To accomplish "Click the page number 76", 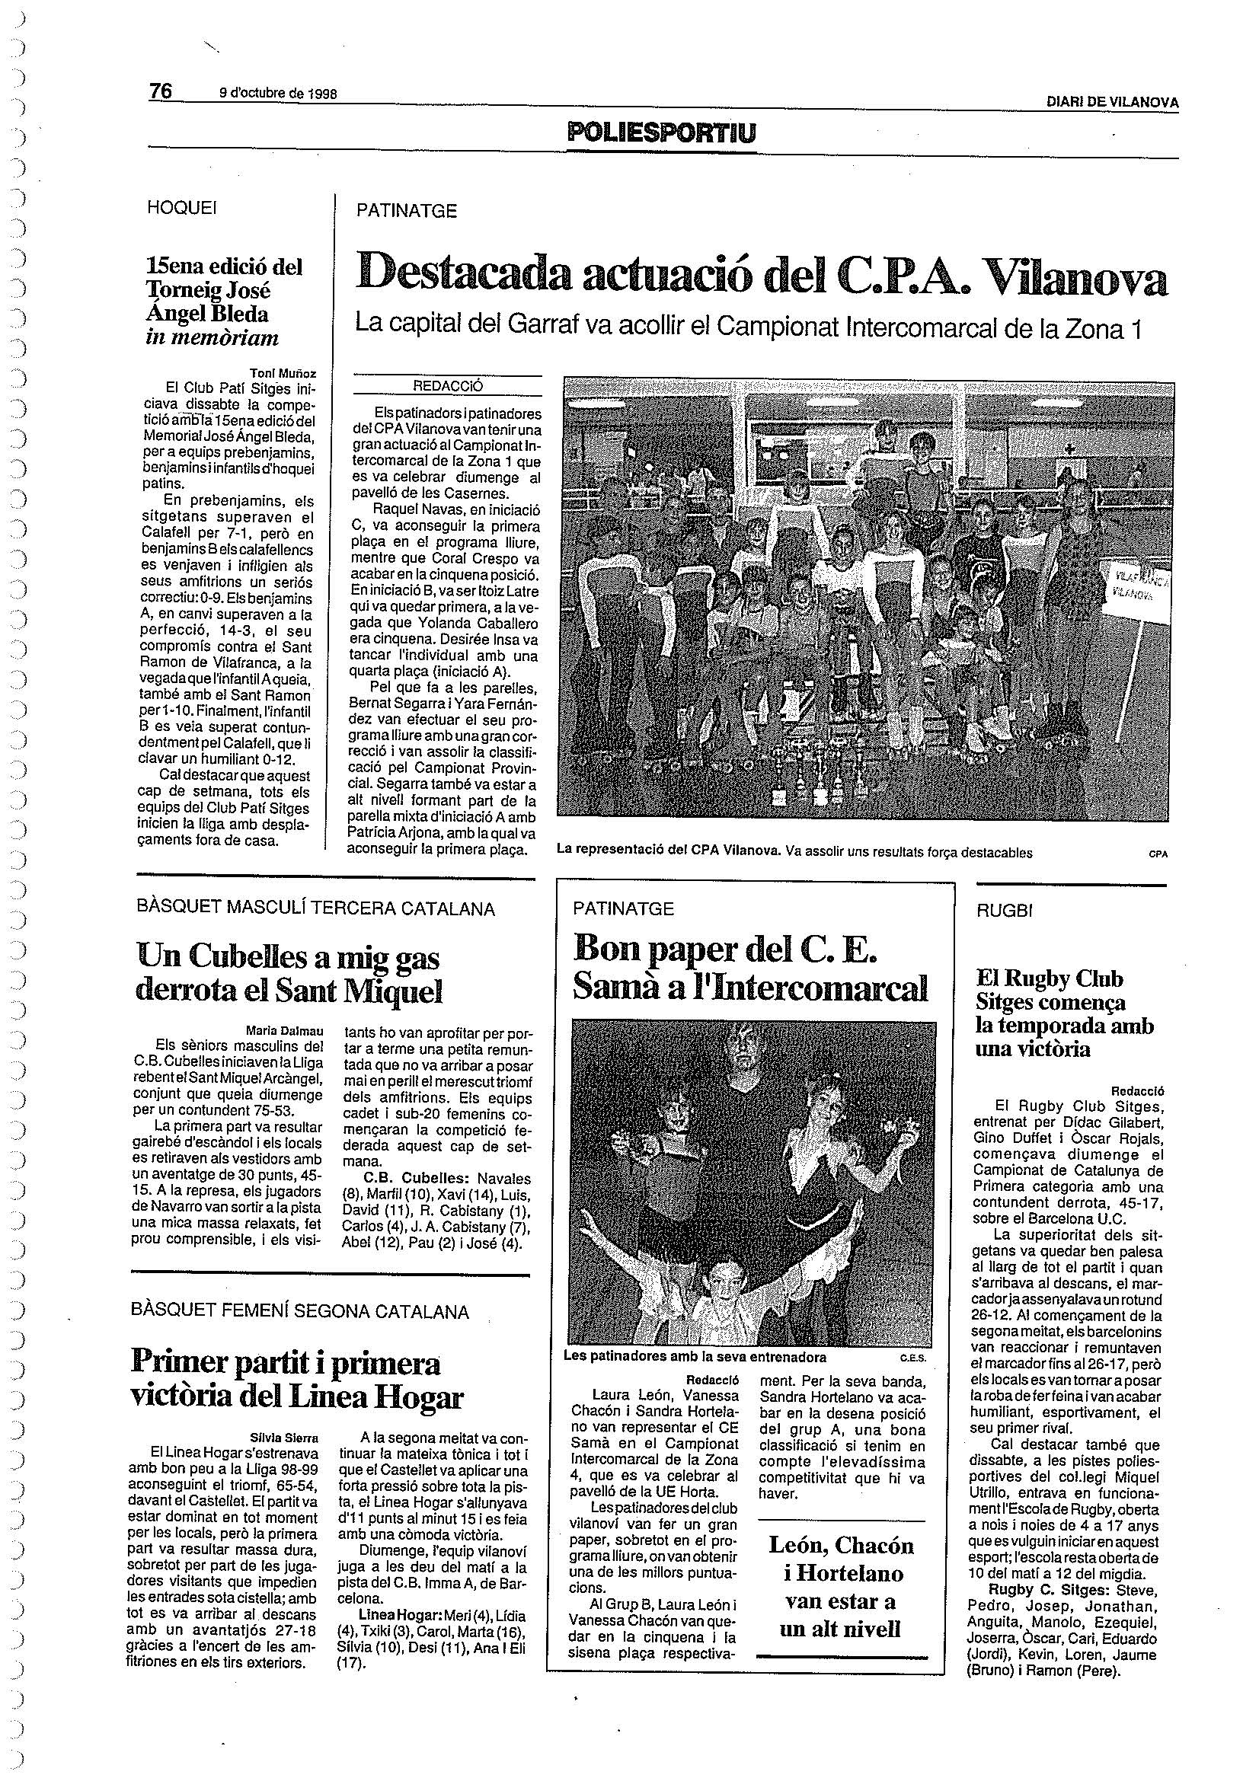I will tap(161, 91).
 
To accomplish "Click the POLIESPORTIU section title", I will tap(661, 132).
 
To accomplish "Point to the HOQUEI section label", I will tap(181, 208).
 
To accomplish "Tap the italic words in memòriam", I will tap(212, 338).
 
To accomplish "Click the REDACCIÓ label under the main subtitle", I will tap(448, 385).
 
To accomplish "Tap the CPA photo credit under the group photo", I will tap(1158, 854).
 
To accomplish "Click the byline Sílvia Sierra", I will tap(288, 1438).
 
